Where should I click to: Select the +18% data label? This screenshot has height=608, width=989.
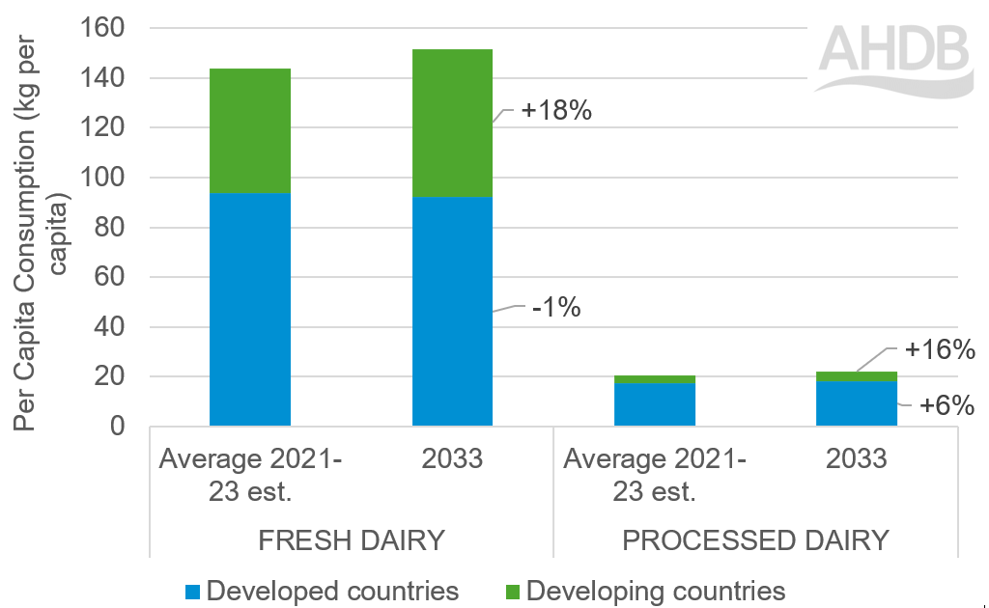tap(555, 111)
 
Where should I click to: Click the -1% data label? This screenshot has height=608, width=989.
tap(555, 309)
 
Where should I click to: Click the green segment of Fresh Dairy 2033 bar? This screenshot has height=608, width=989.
tap(452, 123)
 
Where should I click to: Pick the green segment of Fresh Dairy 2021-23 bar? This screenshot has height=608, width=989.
tap(249, 130)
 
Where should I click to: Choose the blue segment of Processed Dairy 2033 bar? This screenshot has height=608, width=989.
tap(857, 403)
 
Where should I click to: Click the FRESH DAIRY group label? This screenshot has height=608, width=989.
tap(352, 540)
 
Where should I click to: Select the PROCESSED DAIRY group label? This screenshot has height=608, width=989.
tap(755, 540)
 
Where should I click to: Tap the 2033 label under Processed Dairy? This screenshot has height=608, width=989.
tap(857, 458)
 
